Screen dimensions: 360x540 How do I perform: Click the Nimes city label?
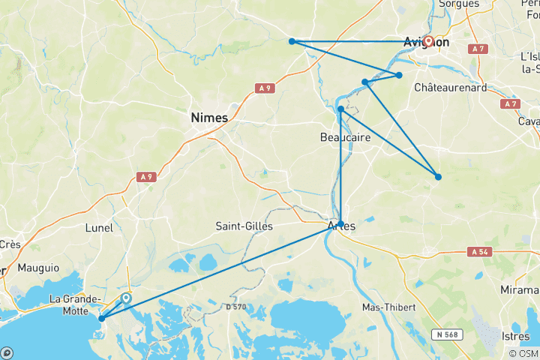point(210,117)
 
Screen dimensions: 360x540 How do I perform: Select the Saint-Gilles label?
point(244,226)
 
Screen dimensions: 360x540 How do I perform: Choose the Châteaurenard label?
point(451,88)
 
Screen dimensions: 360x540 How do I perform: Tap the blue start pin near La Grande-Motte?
point(127,298)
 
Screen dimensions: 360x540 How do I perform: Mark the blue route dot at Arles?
point(341,223)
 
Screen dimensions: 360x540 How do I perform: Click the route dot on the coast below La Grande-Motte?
point(101,319)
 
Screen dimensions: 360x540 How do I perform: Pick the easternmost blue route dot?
point(438,177)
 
